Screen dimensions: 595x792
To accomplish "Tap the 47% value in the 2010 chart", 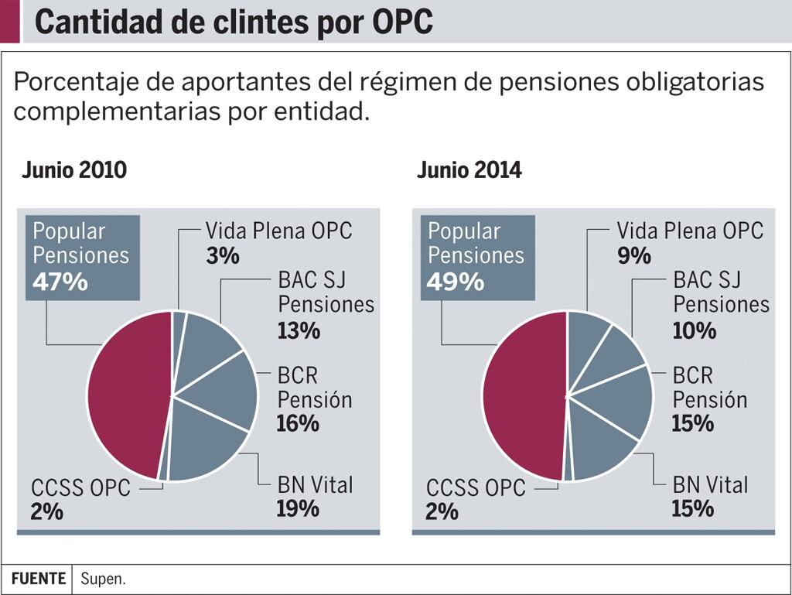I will coord(60,282).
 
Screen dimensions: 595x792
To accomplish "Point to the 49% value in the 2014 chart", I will coord(456,282).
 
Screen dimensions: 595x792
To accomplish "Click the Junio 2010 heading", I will coord(73,170).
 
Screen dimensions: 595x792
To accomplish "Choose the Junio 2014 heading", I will coord(469,170).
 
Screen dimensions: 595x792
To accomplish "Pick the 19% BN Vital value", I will coord(298,508).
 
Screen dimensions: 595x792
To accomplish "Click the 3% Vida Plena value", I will coord(223,255).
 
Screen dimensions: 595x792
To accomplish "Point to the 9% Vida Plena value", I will coord(633,255).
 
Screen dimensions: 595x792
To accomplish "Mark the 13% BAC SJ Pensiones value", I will coord(299,330).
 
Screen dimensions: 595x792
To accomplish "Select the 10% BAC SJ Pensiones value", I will coord(694,330).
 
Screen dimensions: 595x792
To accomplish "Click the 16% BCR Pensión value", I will coord(298,423).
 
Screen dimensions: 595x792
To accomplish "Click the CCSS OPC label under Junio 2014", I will coord(476,488).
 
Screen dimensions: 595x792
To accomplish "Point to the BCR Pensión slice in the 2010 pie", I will coord(224,395).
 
